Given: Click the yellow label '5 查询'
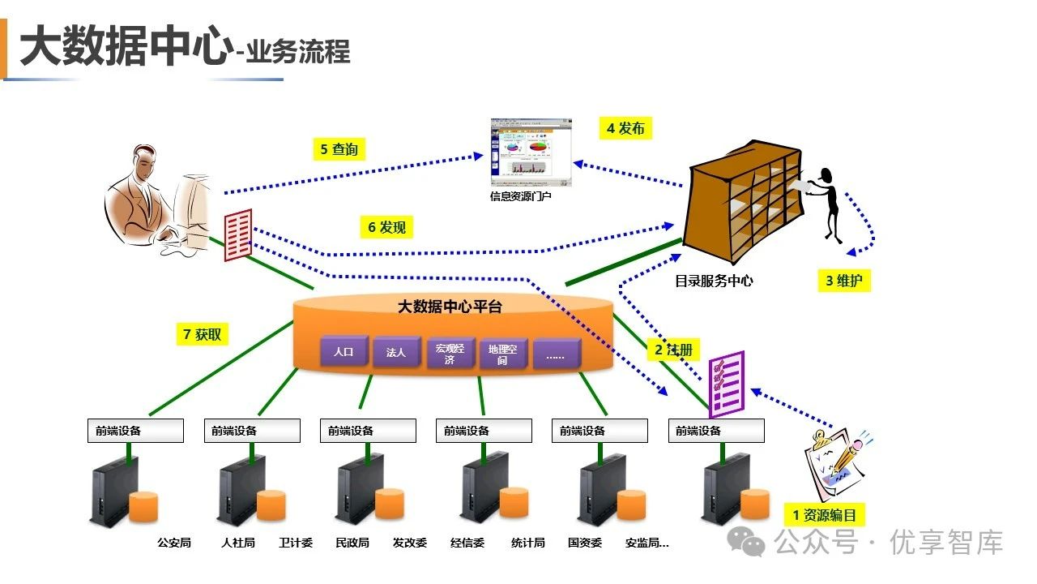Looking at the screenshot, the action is click(x=339, y=149).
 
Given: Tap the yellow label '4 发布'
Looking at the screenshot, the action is click(x=625, y=128).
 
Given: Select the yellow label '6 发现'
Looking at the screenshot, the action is click(x=386, y=227).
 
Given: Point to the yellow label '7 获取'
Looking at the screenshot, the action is click(x=203, y=334).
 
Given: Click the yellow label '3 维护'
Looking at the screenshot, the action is click(x=844, y=281).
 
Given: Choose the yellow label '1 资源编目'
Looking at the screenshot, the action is click(x=825, y=515).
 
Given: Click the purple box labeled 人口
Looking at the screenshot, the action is click(x=344, y=351).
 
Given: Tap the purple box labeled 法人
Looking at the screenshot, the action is click(x=397, y=352).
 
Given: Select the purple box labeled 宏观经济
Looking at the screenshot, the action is click(x=450, y=353).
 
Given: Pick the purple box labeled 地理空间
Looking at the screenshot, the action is click(x=503, y=354).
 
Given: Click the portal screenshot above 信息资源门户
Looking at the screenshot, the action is click(x=531, y=152).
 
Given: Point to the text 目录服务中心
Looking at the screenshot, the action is click(x=714, y=281).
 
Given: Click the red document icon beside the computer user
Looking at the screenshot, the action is click(x=238, y=235).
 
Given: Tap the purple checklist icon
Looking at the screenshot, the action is click(x=727, y=384).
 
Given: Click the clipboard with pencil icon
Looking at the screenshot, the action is click(x=837, y=463).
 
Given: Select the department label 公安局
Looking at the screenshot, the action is click(x=174, y=543).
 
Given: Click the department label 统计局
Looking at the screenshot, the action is click(x=527, y=543).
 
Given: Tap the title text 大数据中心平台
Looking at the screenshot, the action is click(x=450, y=307).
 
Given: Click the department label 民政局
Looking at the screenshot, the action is click(x=352, y=543).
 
